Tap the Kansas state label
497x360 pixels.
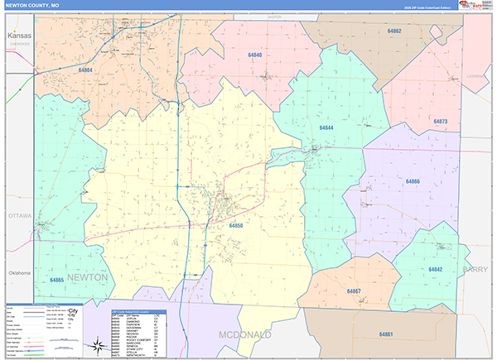pyautogui.click(x=19, y=36)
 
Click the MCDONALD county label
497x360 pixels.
pyautogui.click(x=246, y=334)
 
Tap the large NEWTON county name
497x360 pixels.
pyautogui.click(x=86, y=278)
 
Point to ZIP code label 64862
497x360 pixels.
pyautogui.click(x=393, y=31)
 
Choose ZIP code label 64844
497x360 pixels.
pyautogui.click(x=326, y=127)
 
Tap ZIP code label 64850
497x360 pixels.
pyautogui.click(x=237, y=224)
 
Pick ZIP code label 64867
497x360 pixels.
pyautogui.click(x=354, y=291)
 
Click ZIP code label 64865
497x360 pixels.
pyautogui.click(x=56, y=281)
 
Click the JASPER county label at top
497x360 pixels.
pyautogui.click(x=274, y=16)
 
